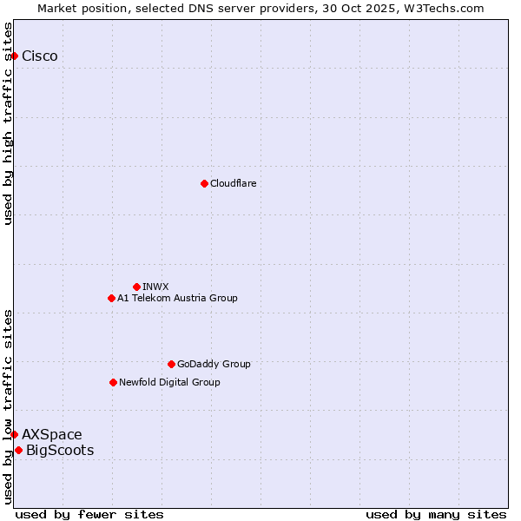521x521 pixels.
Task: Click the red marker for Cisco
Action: coord(14,56)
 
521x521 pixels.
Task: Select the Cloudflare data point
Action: coord(204,183)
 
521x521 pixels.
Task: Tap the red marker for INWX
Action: coord(136,287)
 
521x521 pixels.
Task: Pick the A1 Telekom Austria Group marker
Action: coord(111,298)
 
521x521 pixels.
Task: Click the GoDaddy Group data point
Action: coord(171,364)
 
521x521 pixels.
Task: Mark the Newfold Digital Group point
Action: coord(113,382)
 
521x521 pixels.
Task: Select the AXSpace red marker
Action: coord(14,434)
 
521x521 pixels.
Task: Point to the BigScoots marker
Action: coord(18,450)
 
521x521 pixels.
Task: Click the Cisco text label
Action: coord(40,56)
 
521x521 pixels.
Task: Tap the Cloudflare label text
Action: coord(233,183)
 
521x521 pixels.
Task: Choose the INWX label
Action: coord(155,287)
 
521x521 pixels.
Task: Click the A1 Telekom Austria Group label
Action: coord(177,298)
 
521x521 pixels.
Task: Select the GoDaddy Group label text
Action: coord(214,364)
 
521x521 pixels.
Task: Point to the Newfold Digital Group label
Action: coord(169,382)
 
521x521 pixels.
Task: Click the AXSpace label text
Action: coord(52,434)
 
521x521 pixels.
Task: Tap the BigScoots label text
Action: coord(60,450)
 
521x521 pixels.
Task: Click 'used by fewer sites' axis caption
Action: coord(89,514)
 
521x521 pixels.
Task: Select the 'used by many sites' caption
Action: coord(436,514)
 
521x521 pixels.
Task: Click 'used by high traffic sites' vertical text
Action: coord(9,123)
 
